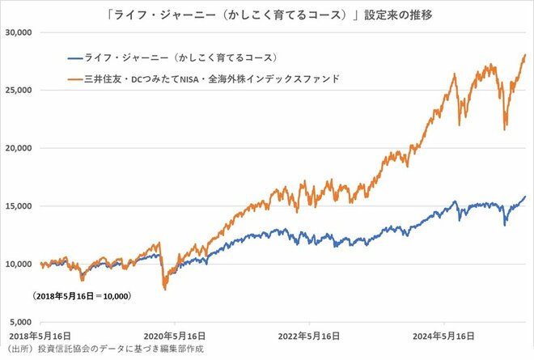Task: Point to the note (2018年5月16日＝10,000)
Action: [x=82, y=296]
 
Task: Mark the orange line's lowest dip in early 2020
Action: [x=165, y=289]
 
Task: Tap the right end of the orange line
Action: [x=525, y=55]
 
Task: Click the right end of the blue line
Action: [x=525, y=197]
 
